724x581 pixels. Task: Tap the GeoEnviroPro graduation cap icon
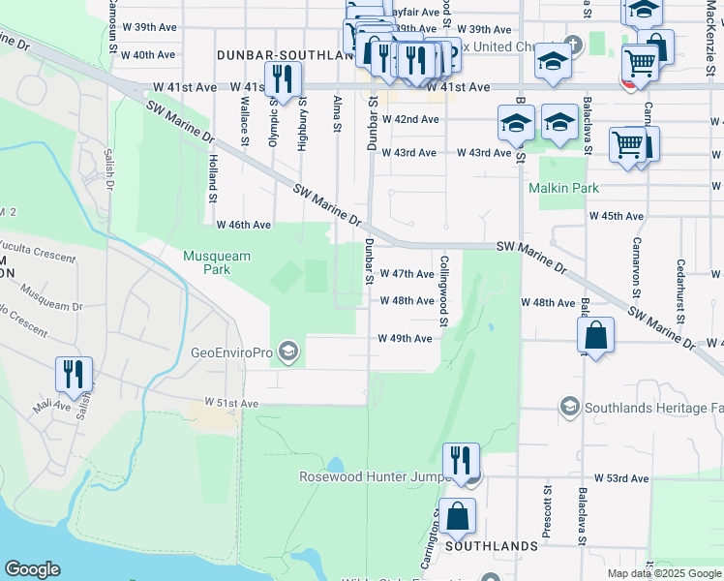pyautogui.click(x=287, y=350)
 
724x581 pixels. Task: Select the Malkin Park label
pyautogui.click(x=569, y=188)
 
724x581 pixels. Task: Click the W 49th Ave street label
pyautogui.click(x=405, y=338)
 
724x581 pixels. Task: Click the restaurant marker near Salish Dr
pyautogui.click(x=75, y=375)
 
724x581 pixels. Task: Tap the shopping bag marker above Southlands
pyautogui.click(x=457, y=517)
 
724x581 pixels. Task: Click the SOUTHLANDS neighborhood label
pyautogui.click(x=491, y=546)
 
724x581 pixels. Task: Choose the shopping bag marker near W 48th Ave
pyautogui.click(x=596, y=337)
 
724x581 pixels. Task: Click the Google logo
pyautogui.click(x=33, y=569)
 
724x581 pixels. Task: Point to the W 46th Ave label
pyautogui.click(x=243, y=225)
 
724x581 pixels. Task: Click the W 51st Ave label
pyautogui.click(x=231, y=402)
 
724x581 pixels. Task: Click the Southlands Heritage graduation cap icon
pyautogui.click(x=570, y=406)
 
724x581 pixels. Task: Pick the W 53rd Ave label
pyautogui.click(x=621, y=478)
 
